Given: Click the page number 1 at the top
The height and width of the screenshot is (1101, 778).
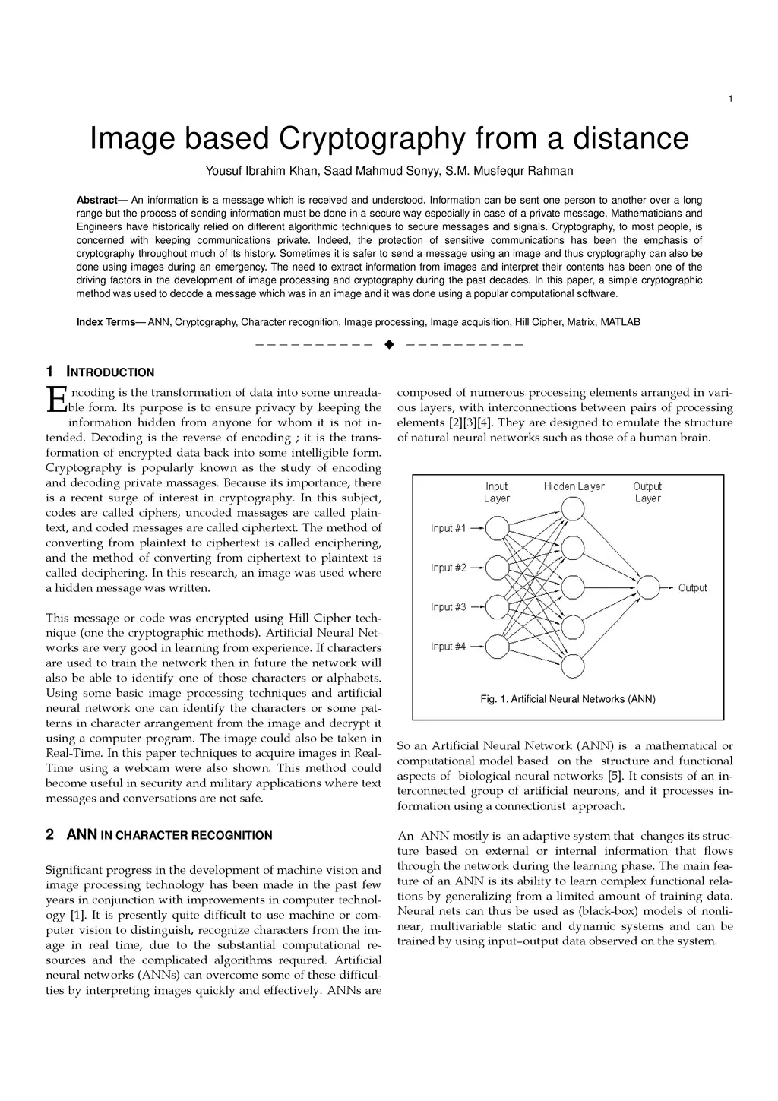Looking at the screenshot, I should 730,99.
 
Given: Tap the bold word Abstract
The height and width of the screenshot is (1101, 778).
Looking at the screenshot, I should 96,200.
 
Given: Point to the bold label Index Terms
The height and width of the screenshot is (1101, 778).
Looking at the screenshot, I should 106,322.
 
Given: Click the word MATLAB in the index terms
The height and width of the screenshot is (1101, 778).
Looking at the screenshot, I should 620,322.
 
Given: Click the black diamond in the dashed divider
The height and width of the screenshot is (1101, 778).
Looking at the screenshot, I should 390,345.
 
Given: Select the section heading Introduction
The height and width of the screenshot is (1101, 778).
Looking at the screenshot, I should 110,372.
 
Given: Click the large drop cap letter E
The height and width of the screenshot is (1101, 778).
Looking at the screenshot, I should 56,400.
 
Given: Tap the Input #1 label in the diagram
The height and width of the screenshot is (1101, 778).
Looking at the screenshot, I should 448,528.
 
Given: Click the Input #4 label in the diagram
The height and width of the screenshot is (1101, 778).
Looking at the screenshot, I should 448,647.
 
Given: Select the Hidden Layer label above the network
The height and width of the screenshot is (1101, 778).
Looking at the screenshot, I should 574,486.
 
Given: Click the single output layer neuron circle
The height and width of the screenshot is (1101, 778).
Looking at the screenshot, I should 648,587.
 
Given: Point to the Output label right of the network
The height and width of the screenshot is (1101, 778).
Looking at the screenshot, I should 692,587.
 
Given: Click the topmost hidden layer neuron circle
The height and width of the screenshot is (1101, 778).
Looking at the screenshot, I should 573,508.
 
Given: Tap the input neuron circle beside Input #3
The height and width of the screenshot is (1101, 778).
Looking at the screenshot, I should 497,607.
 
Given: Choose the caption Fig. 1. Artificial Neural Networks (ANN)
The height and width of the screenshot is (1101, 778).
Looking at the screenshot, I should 568,699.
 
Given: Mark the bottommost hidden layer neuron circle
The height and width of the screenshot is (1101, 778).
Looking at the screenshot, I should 573,666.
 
